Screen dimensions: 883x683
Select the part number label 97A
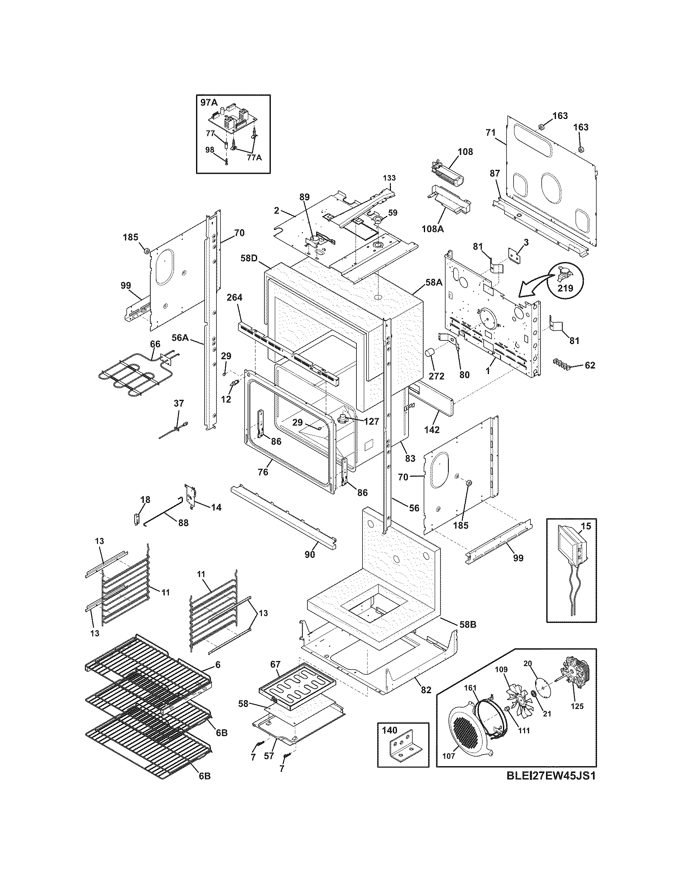point(209,103)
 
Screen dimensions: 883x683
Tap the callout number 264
point(234,297)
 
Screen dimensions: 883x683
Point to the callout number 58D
point(249,257)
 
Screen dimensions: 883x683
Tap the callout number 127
point(371,421)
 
